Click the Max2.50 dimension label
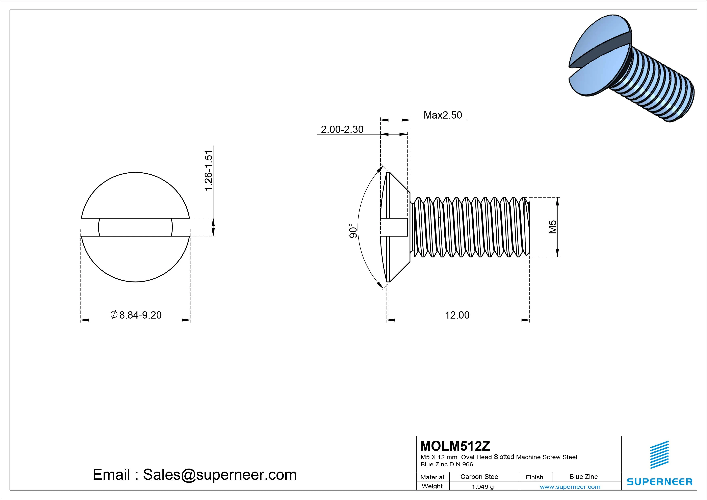pyautogui.click(x=443, y=115)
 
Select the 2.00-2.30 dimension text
pyautogui.click(x=342, y=129)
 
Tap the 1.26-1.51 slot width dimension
pyautogui.click(x=209, y=170)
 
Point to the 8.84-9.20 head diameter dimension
pyautogui.click(x=140, y=315)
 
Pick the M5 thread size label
pyautogui.click(x=553, y=227)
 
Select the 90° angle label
pyautogui.click(x=353, y=231)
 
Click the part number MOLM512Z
pyautogui.click(x=455, y=446)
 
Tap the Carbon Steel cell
pyautogui.click(x=480, y=477)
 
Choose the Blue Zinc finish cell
pyautogui.click(x=583, y=477)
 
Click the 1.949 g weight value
pyautogui.click(x=482, y=487)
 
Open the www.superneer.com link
pyautogui.click(x=570, y=487)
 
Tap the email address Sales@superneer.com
pyautogui.click(x=219, y=474)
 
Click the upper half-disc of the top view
pyautogui.click(x=135, y=197)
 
